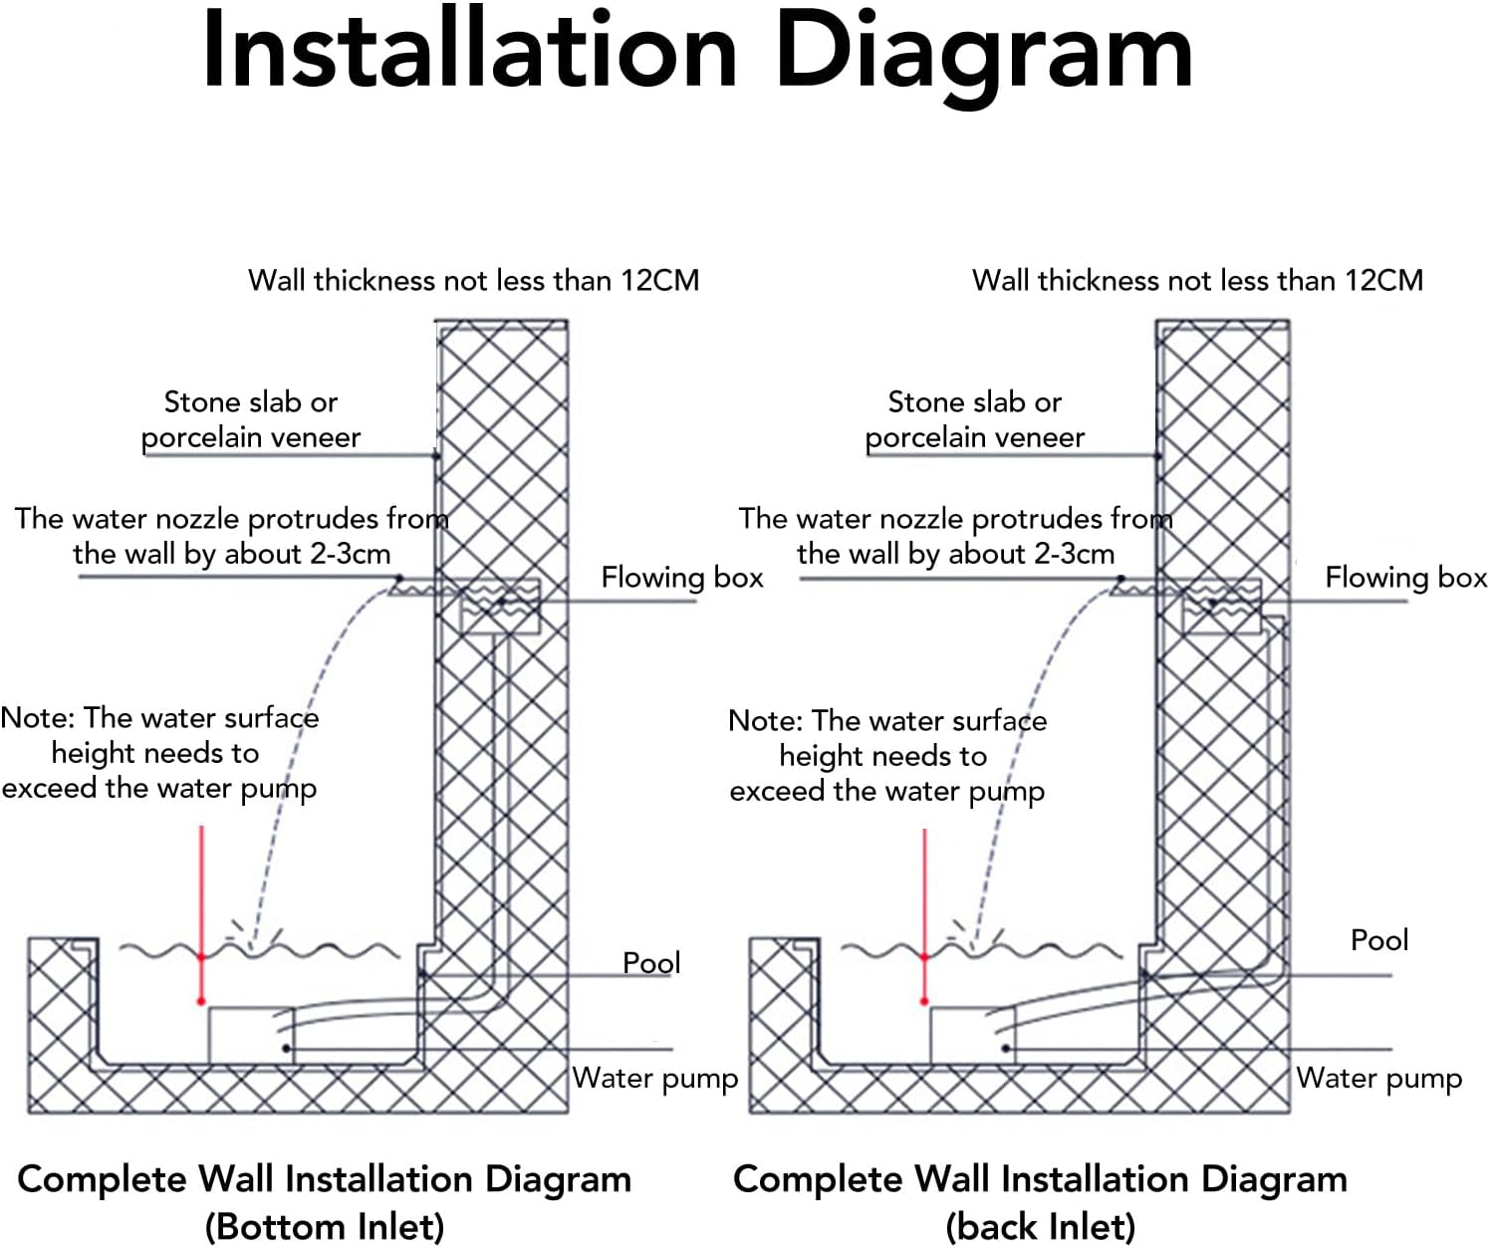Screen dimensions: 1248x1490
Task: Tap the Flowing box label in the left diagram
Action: pos(681,578)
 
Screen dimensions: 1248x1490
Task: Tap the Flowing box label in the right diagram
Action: pos(1405,578)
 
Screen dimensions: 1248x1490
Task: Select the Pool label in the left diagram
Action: pos(651,962)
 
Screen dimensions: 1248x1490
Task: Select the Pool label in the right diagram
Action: pos(1378,939)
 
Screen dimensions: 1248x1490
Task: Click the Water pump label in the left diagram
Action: pos(654,1078)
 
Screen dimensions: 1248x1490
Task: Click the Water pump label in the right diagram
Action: pos(1378,1078)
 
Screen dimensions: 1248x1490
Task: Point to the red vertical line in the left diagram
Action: pos(201,896)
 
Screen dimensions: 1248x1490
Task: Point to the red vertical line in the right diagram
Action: pos(924,896)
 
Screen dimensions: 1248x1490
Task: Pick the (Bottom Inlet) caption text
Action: pos(325,1226)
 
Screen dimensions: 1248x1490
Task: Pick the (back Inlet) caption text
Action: pos(1040,1226)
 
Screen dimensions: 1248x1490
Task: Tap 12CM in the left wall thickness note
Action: pos(659,281)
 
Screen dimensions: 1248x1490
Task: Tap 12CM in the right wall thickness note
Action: pos(1383,281)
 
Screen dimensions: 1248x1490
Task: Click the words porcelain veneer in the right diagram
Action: pos(974,437)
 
